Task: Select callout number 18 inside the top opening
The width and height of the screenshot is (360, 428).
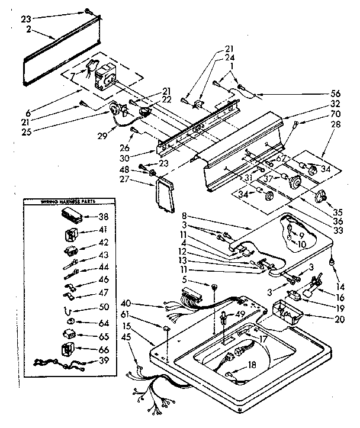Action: (253, 365)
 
